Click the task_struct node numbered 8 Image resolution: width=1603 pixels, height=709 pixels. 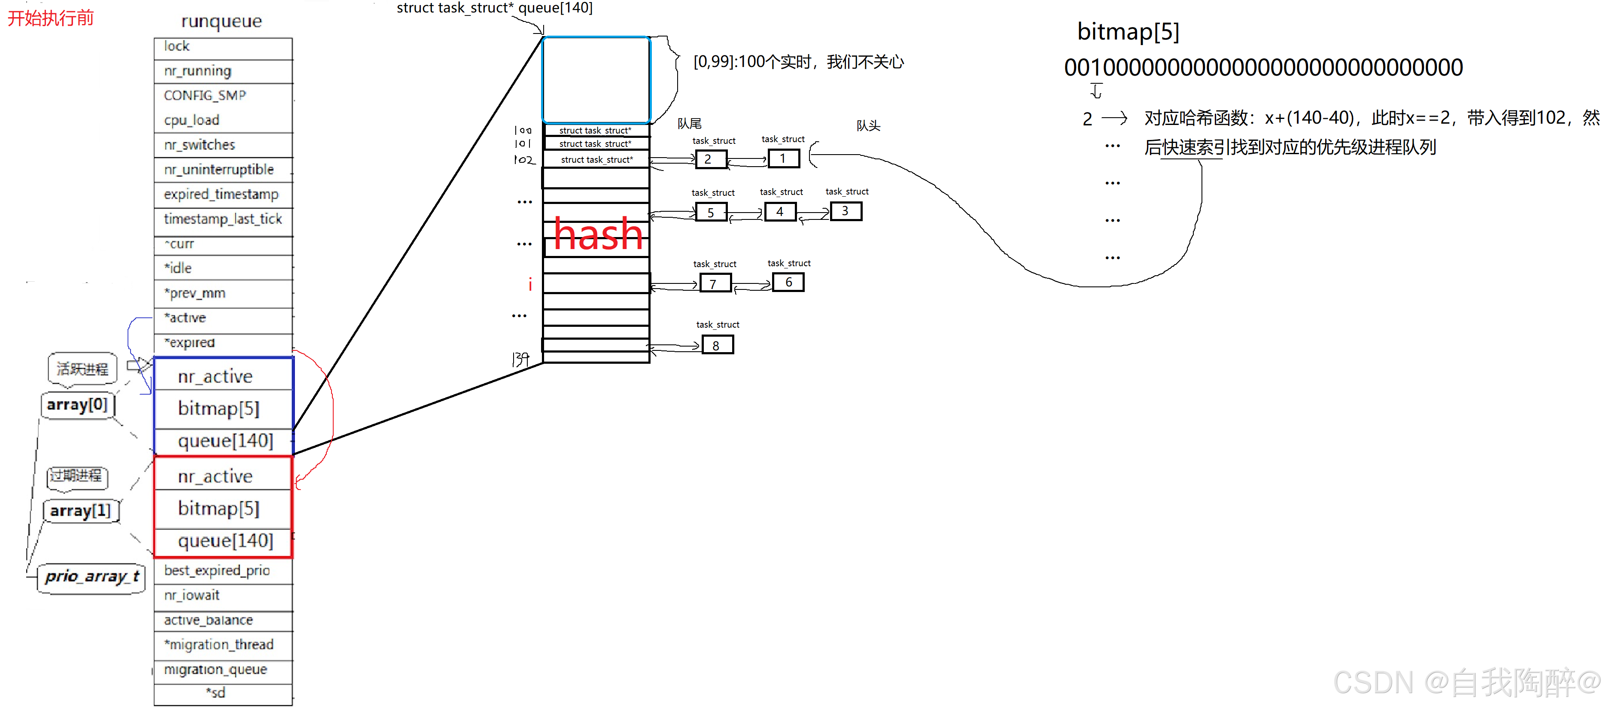pos(718,345)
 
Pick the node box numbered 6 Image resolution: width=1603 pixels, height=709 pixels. pos(788,283)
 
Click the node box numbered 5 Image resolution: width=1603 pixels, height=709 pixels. pos(711,212)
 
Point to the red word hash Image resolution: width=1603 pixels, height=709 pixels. pos(597,234)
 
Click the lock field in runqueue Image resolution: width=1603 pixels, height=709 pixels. pos(223,47)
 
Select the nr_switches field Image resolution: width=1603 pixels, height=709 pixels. pos(223,145)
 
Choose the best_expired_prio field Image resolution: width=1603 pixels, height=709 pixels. pos(223,570)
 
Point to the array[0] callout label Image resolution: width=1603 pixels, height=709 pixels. pos(77,405)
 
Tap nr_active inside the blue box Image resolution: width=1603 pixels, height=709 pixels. pos(215,377)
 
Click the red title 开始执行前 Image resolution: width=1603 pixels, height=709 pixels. pos(50,18)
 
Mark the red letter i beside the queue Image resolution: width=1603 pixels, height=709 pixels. pos(530,284)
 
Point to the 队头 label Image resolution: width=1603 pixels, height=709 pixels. pos(868,126)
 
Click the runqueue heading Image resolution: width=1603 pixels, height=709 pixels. pos(222,21)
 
